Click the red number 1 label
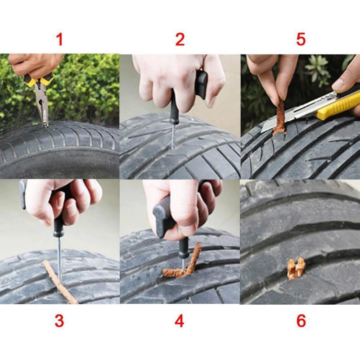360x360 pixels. click(59, 40)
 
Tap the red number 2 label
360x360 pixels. click(180, 40)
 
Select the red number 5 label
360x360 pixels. click(301, 40)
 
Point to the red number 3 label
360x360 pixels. click(59, 321)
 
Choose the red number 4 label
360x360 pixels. click(180, 321)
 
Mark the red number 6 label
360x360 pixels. click(301, 321)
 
